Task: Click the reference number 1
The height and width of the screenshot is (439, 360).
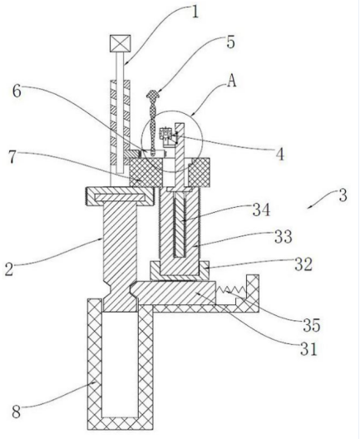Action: tap(195, 11)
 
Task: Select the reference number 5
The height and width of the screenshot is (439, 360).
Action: tap(230, 42)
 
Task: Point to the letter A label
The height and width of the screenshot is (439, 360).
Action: tap(232, 81)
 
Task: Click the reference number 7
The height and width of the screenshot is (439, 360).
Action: tap(12, 157)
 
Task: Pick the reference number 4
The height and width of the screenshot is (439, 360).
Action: tap(279, 154)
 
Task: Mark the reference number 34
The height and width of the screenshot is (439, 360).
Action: tap(262, 210)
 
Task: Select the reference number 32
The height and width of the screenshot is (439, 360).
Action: tap(303, 264)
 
